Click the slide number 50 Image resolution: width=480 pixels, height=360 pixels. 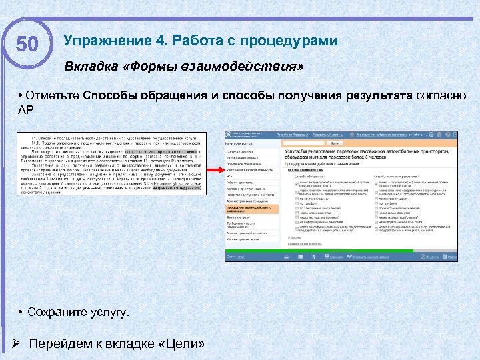(27, 45)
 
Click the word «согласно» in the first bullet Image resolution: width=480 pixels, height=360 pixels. (437, 95)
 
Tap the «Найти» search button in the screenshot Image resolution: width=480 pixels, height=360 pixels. (334, 142)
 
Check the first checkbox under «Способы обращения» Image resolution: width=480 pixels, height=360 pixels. (297, 182)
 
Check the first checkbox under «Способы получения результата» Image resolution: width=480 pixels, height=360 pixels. (377, 182)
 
